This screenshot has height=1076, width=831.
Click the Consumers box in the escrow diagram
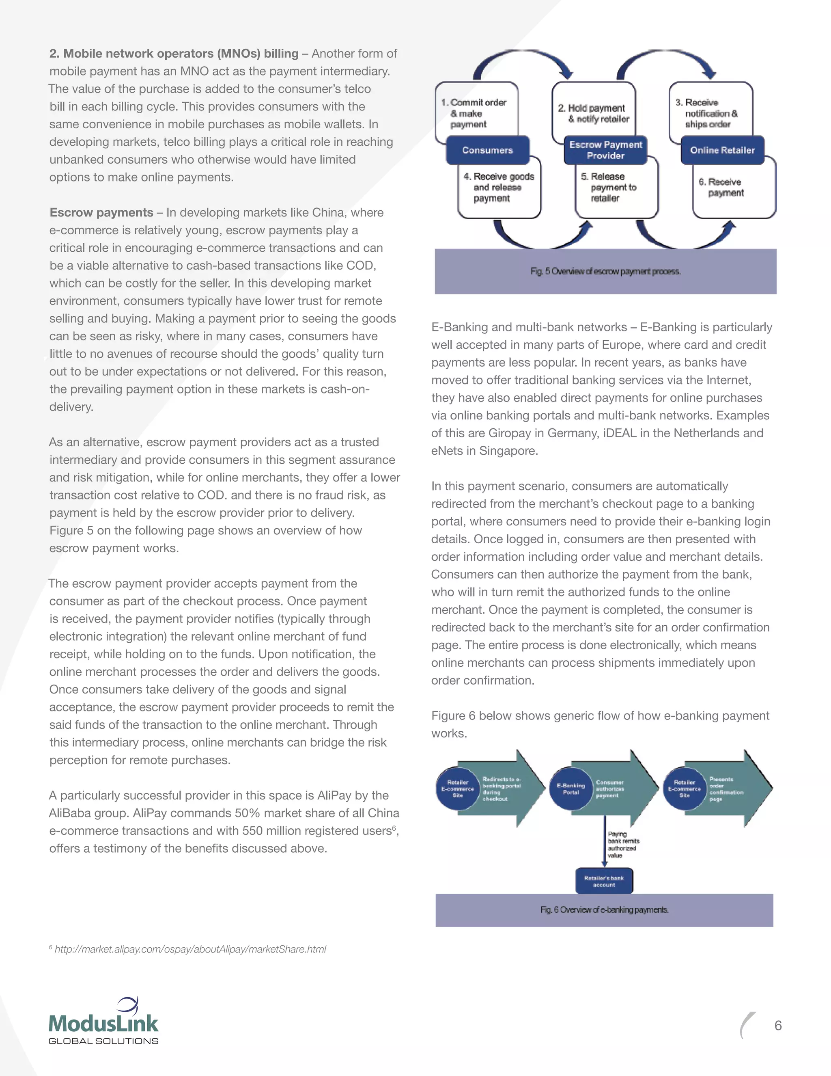coord(487,150)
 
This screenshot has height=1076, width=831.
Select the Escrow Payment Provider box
coord(605,150)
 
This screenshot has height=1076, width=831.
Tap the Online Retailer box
coord(722,150)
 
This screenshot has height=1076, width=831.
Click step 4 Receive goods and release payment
coord(499,187)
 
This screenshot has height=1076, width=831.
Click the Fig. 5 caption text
coord(605,272)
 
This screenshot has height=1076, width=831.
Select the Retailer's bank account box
coord(604,882)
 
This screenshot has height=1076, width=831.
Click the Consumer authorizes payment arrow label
coord(610,789)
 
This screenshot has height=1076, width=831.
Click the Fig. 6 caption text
coord(604,910)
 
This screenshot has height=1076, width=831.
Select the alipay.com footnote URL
coord(190,949)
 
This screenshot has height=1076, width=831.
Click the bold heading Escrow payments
coord(101,212)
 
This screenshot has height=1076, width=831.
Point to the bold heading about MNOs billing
coord(174,53)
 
